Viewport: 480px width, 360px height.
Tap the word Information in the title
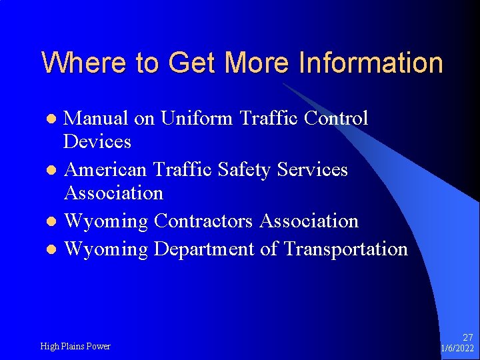[371, 63]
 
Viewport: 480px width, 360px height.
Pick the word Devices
[97, 141]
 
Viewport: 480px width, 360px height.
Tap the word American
[107, 169]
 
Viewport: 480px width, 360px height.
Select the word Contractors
[204, 221]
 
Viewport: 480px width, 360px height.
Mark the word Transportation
[345, 249]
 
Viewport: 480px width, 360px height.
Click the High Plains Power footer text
[75, 346]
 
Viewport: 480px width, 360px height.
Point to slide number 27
[467, 338]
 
